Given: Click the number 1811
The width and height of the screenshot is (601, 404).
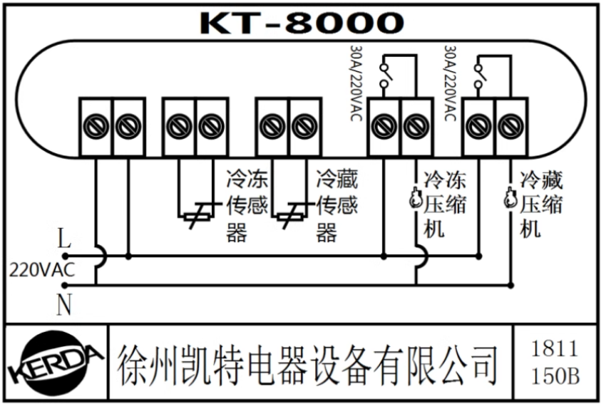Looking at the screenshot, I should (x=555, y=348).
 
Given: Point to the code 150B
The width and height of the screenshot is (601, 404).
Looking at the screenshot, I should (x=555, y=375).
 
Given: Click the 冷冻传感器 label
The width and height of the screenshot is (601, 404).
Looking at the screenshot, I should (x=247, y=206).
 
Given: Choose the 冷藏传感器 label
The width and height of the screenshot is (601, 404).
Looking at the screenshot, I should (x=337, y=206).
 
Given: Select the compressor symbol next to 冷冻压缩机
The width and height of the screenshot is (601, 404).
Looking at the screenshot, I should (x=416, y=200).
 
